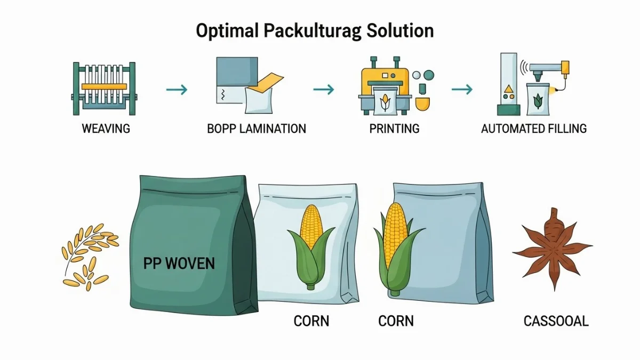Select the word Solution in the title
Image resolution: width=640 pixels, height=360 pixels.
tap(400, 30)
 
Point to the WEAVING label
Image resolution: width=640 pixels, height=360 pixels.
tap(106, 129)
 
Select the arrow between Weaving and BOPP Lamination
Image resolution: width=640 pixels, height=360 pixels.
tap(177, 89)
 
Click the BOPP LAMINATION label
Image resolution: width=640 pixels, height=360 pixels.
tap(257, 129)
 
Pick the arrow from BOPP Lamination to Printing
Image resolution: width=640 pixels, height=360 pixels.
tap(323, 89)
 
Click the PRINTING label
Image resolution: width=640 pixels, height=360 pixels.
tap(394, 129)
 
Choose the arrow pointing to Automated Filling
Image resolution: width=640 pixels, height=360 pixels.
tap(462, 89)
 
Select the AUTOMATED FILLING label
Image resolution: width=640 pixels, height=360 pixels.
tap(533, 129)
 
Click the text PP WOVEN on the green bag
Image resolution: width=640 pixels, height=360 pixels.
tap(179, 263)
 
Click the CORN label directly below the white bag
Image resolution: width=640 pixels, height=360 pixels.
tap(311, 321)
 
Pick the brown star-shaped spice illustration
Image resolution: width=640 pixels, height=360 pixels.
tap(552, 249)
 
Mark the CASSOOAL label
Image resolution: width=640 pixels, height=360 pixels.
tap(556, 321)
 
